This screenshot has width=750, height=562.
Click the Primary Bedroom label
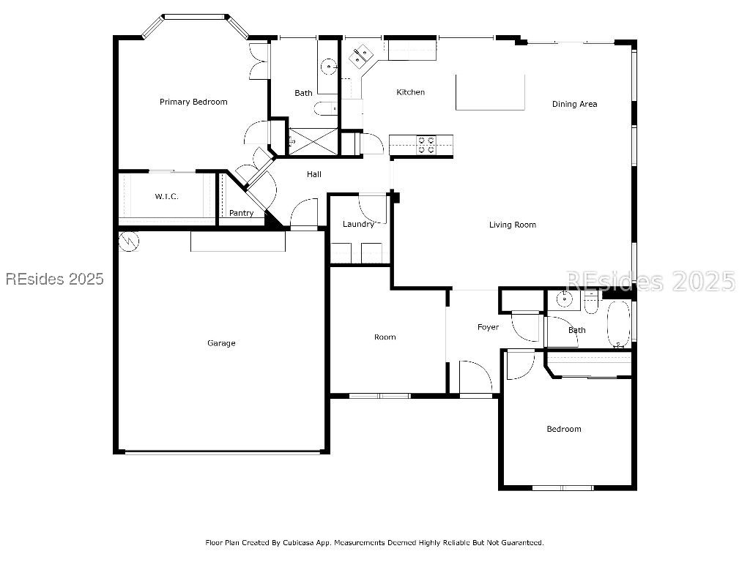coord(193,102)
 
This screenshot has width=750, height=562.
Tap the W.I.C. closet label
coord(166,196)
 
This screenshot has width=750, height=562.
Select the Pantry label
coord(241,213)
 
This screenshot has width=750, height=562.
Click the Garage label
coord(221,342)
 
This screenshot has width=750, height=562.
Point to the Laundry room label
coord(358,224)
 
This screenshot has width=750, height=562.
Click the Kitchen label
coord(410,92)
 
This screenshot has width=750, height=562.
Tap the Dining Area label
coord(574,104)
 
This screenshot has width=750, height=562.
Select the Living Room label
coord(513,225)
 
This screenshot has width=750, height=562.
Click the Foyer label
coord(488,327)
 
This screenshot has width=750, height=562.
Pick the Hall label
coord(313,174)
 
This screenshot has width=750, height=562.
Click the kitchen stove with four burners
coord(426,145)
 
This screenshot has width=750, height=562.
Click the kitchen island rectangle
coord(490,91)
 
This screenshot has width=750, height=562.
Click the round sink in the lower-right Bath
coord(564,299)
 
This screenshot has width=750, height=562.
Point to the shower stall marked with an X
coord(313,140)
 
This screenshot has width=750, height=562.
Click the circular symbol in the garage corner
coord(129,240)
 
